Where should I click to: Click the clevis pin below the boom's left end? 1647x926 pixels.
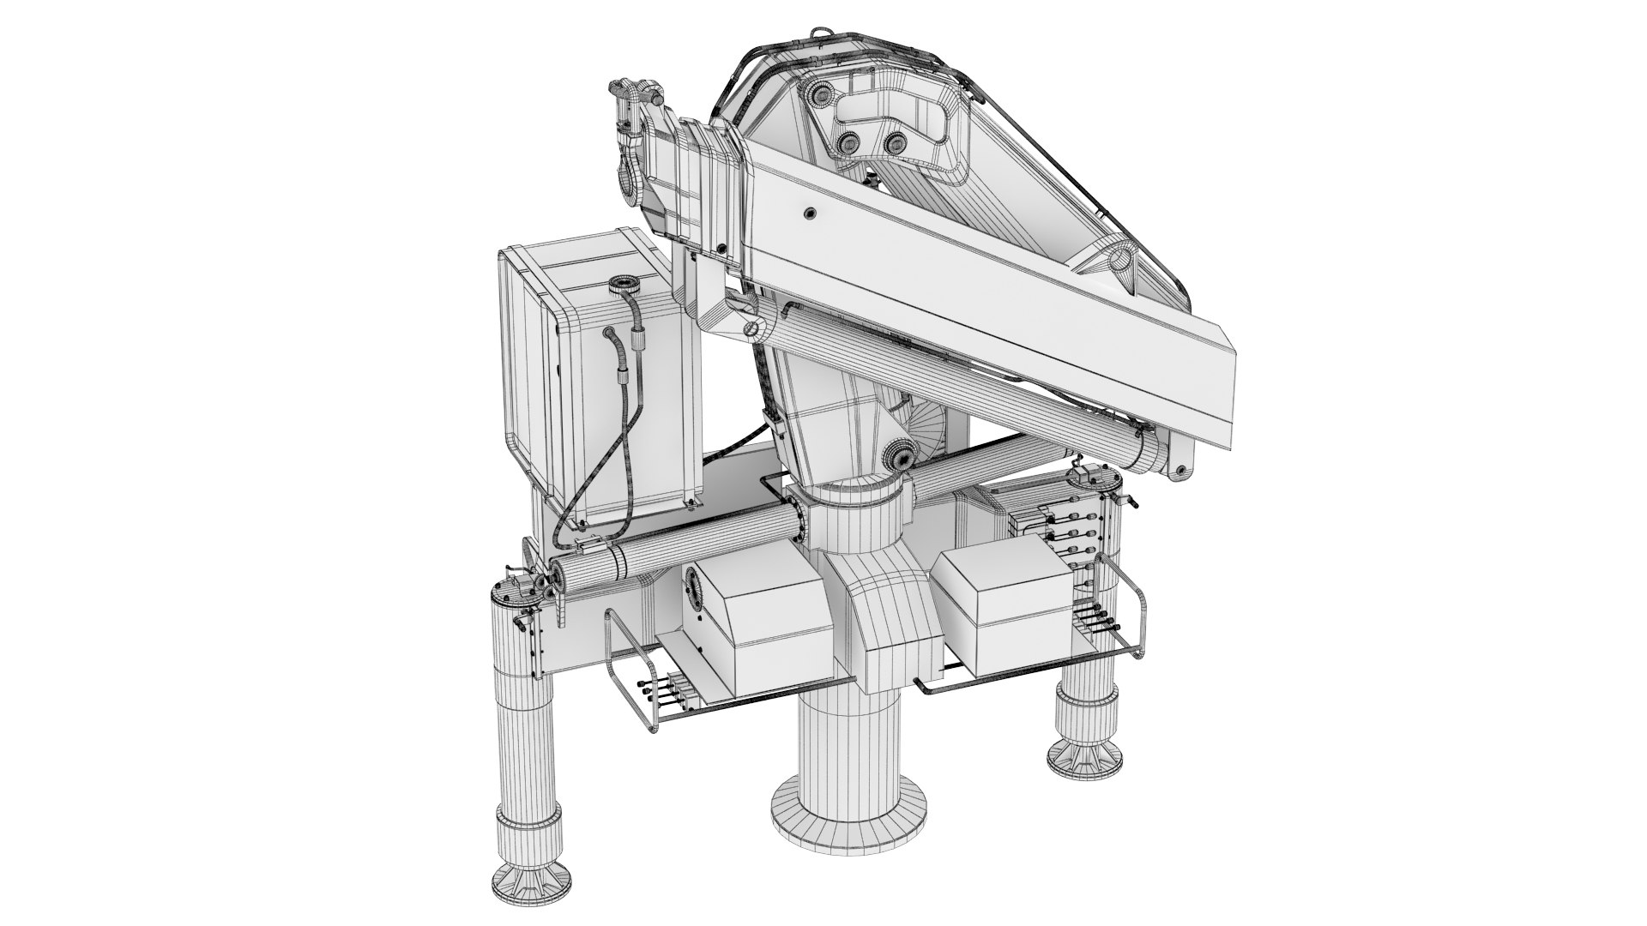coord(752,327)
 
